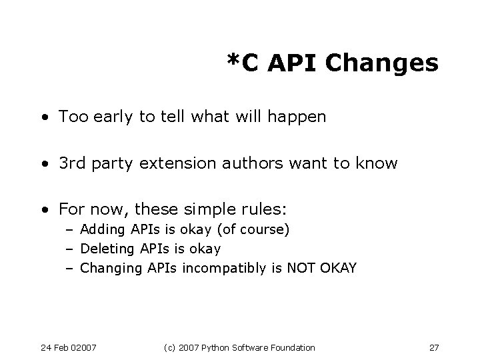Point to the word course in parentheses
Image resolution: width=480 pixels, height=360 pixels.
coord(264,231)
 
